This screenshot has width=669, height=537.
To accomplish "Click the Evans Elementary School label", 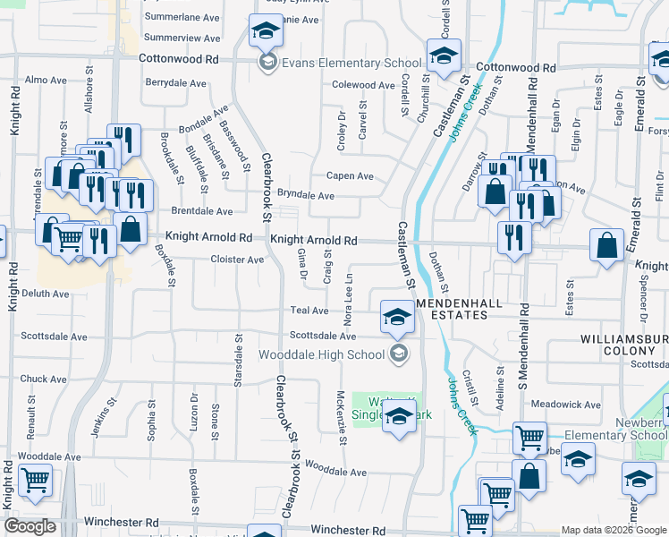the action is (x=351, y=63).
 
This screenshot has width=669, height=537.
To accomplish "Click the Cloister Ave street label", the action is (x=237, y=260).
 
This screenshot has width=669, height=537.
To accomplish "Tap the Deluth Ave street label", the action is (x=47, y=294).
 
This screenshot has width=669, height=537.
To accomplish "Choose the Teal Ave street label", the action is (x=309, y=311).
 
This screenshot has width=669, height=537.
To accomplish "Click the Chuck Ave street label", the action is (x=44, y=379).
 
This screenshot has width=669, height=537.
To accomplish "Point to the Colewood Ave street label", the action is (x=363, y=86).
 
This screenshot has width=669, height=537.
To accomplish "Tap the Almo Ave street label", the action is (x=47, y=80).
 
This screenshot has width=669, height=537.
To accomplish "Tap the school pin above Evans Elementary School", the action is (x=265, y=33).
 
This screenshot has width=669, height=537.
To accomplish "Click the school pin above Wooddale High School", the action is (x=396, y=316).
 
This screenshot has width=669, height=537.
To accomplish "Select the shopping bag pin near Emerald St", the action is (x=606, y=247).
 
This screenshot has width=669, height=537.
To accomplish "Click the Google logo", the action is (x=30, y=526).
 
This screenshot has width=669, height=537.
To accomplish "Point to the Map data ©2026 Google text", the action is (x=613, y=530).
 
